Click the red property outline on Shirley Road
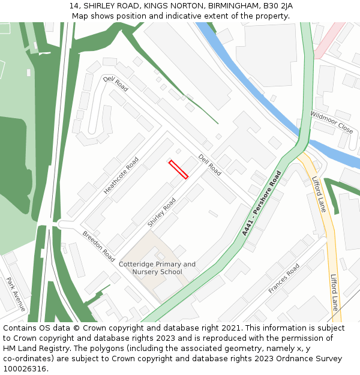[x=178, y=169]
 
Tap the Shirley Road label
[x=162, y=212]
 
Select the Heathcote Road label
[x=121, y=175]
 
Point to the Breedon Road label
[x=98, y=246]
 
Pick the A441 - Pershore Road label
[x=262, y=203]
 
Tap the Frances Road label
[x=284, y=278]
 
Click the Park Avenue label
[x=16, y=293]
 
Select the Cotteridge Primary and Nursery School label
[x=157, y=268]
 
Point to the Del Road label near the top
[x=115, y=83]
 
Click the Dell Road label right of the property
[x=210, y=164]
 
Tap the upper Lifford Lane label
[x=319, y=194]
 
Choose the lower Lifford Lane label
[x=335, y=292]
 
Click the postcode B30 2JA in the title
[x=278, y=6]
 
